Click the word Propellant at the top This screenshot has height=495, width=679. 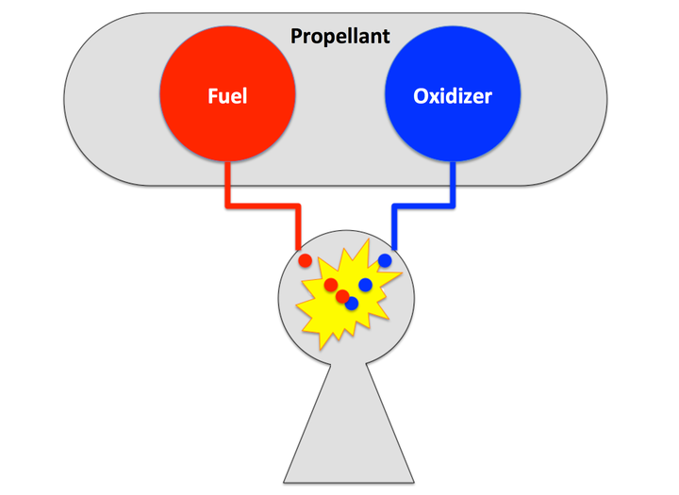(339, 37)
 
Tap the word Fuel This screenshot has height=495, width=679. (227, 95)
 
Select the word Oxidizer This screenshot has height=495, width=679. (453, 95)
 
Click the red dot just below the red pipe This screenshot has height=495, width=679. (305, 259)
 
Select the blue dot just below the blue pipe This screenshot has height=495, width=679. (385, 260)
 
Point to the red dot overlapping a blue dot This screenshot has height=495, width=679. (342, 296)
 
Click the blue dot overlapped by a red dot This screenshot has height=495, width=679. (353, 304)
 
